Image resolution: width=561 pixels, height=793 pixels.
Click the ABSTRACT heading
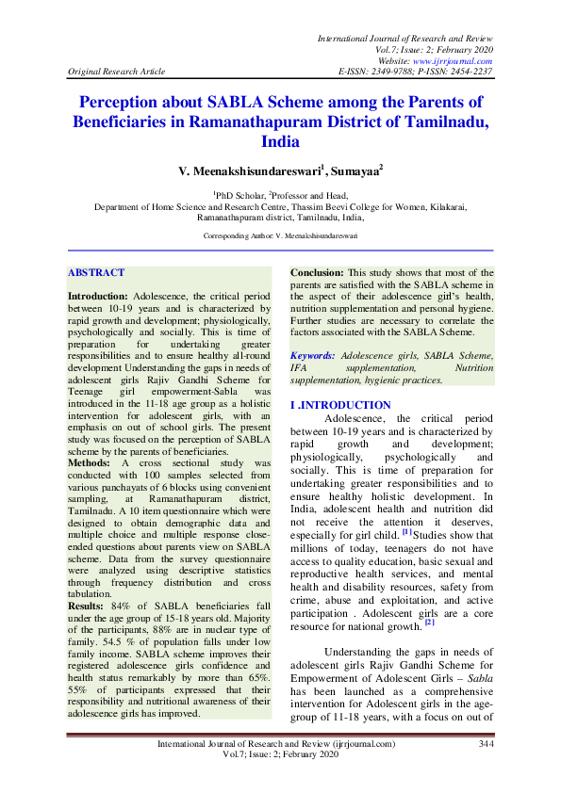coord(95,273)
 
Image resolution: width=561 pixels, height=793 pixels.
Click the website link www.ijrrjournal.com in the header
coord(454,60)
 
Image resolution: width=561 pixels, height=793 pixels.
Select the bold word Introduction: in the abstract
coord(98,296)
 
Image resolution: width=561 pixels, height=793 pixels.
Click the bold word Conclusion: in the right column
coord(318,273)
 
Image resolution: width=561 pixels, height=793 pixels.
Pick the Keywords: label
coord(312,356)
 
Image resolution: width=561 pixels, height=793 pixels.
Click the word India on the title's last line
coord(280,141)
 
